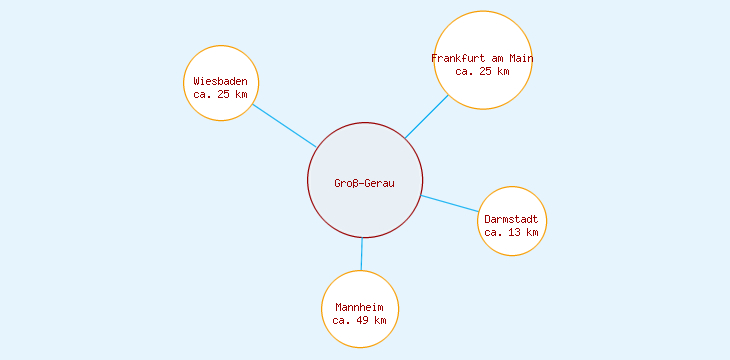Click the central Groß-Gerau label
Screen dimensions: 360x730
coord(364,183)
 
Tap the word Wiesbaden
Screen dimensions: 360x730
coord(220,81)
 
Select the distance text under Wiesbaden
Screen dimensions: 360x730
coord(220,94)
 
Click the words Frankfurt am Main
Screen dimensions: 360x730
coord(482,58)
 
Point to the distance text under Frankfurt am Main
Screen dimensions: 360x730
coord(482,71)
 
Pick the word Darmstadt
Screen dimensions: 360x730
coord(511,219)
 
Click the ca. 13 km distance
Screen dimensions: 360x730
coord(511,232)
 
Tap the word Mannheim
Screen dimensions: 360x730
coord(360,306)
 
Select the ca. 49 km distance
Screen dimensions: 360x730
coord(360,320)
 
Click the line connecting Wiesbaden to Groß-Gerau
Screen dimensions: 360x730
coord(284,125)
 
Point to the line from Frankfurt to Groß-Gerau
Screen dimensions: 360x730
coord(426,117)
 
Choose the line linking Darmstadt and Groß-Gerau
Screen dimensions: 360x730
coord(450,204)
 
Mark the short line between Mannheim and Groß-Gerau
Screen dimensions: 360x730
coord(362,254)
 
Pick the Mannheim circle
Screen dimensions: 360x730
coord(360,287)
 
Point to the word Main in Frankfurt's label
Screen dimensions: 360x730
coord(520,58)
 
